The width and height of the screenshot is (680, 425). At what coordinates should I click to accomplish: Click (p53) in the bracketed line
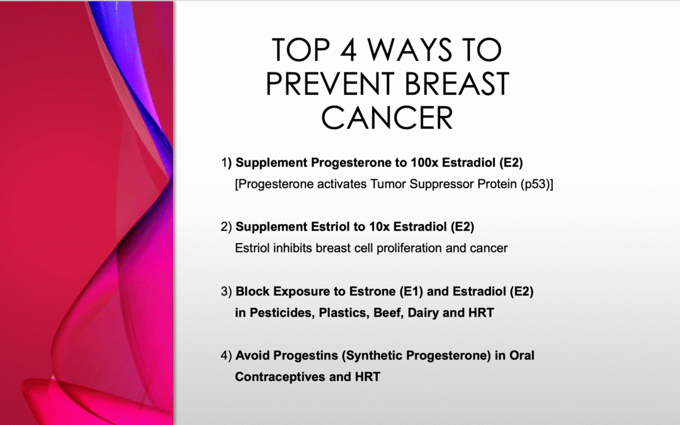pos(535,184)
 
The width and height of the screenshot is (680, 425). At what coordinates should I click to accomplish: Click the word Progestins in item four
pos(264,356)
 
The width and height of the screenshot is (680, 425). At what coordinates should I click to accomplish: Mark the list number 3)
pos(227,292)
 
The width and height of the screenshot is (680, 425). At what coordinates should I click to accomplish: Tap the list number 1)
pos(227,163)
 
